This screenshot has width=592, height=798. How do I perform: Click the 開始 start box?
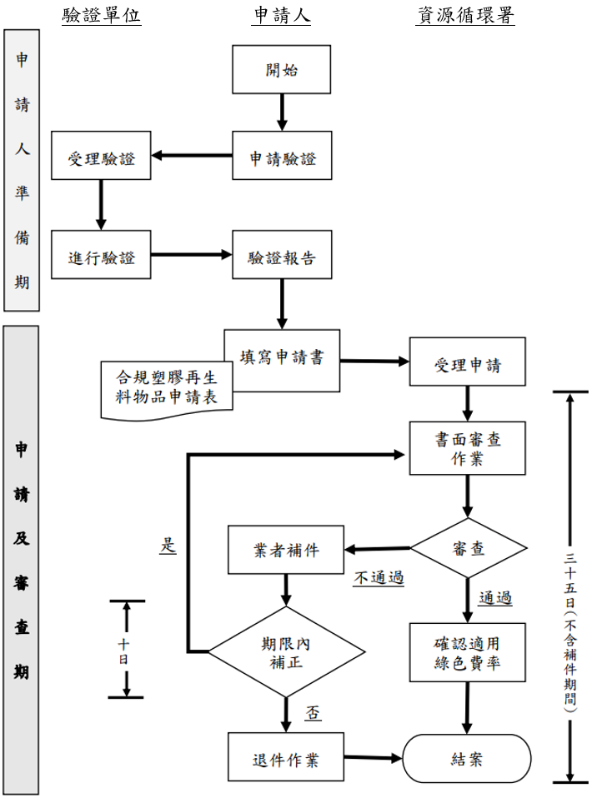tap(281, 69)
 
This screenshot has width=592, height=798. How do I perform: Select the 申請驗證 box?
tap(282, 155)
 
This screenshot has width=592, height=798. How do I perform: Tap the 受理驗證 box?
tap(101, 155)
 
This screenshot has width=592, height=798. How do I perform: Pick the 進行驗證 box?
tap(101, 254)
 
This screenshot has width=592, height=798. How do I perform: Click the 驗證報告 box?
tap(282, 254)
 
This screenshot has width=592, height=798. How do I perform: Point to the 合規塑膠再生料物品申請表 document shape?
tap(167, 390)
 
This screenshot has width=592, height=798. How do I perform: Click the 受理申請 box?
tap(467, 362)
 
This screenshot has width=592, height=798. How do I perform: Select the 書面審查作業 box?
tap(467, 448)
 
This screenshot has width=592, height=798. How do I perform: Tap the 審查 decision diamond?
tap(469, 548)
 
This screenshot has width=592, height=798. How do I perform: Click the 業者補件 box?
tap(286, 550)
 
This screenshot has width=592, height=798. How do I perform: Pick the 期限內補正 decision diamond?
tap(286, 652)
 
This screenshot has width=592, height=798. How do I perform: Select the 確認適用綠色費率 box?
tap(467, 653)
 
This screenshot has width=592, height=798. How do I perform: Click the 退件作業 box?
tap(286, 757)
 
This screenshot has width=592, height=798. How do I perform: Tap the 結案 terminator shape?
tap(467, 758)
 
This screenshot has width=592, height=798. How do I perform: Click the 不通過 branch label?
tap(379, 577)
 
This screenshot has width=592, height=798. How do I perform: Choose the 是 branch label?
tap(168, 545)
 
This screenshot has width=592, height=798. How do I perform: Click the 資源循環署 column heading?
tap(465, 15)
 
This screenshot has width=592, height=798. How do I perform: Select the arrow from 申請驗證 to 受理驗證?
tap(192, 155)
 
